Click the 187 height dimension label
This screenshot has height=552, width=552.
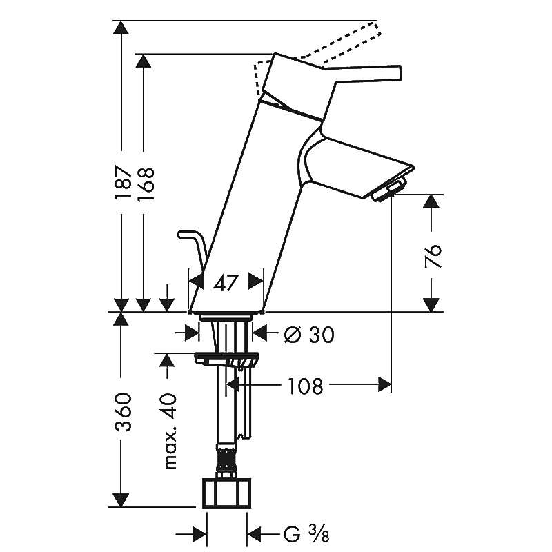(123, 182)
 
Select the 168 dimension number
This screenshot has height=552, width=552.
(146, 184)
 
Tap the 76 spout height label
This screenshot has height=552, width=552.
(433, 255)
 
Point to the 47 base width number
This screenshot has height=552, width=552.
(226, 283)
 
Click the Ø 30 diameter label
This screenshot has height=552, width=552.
(309, 335)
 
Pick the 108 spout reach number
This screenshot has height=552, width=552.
(305, 386)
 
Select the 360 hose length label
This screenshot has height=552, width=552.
(124, 412)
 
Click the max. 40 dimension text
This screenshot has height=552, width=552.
(170, 431)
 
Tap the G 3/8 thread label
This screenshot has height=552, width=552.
(306, 534)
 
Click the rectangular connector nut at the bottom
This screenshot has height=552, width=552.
(227, 493)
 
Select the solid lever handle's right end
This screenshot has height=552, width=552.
(400, 72)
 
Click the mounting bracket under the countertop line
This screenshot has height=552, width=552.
(227, 359)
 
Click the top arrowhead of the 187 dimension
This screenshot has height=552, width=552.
(121, 28)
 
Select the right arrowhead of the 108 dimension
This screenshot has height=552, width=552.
(384, 384)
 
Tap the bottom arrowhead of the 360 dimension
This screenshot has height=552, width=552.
(121, 500)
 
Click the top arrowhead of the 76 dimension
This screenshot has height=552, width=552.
(431, 201)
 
